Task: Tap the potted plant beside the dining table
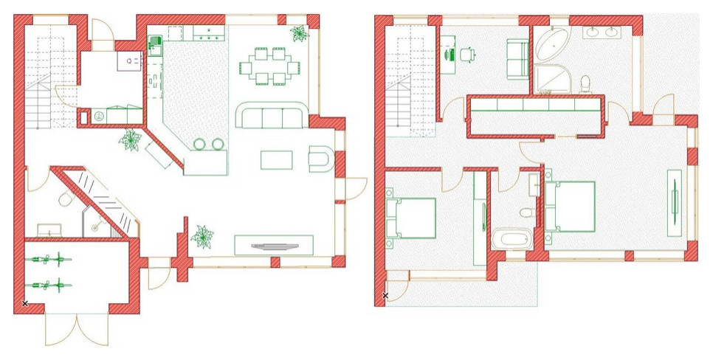pyautogui.click(x=300, y=32)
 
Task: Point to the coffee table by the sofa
pyautogui.click(x=278, y=159)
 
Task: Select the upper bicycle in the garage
pyautogui.click(x=47, y=259)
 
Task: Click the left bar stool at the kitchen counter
pyautogui.click(x=199, y=144)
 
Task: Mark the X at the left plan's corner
pyautogui.click(x=24, y=303)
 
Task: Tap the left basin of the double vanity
pyautogui.click(x=593, y=32)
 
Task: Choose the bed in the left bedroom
pyautogui.click(x=412, y=218)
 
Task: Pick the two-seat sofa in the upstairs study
pyautogui.click(x=517, y=60)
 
